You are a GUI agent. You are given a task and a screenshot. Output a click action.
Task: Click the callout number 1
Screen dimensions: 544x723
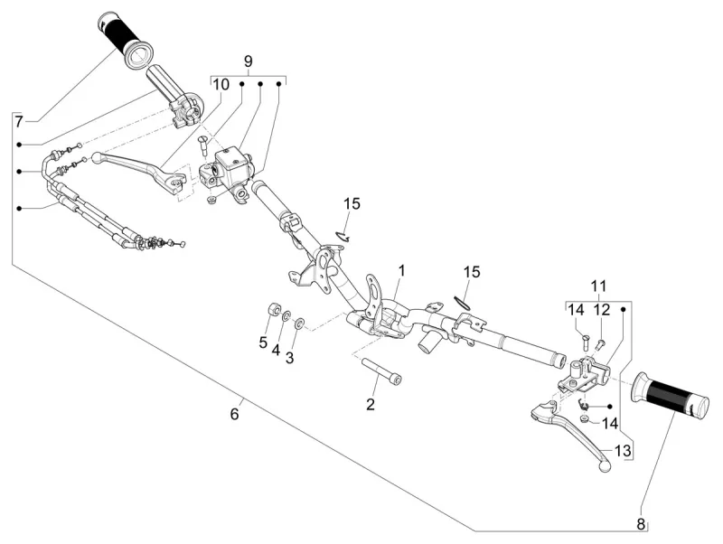(x=401, y=270)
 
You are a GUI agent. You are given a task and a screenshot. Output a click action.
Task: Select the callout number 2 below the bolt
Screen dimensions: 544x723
(x=371, y=405)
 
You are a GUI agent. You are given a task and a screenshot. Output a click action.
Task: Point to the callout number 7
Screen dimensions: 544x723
(x=19, y=119)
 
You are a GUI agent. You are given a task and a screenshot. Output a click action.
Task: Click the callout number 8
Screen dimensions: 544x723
(x=641, y=523)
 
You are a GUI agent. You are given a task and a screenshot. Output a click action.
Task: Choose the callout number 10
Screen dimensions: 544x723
(x=221, y=83)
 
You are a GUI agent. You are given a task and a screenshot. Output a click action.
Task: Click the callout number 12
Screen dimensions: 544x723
(x=602, y=310)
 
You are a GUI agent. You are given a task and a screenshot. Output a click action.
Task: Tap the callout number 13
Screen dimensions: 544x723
(x=621, y=451)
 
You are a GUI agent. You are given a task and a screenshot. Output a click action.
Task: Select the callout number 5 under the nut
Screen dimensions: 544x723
(x=264, y=342)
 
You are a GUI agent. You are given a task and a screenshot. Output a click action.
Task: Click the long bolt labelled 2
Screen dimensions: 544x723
(x=384, y=372)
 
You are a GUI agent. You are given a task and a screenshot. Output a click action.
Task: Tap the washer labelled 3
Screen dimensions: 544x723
(x=300, y=323)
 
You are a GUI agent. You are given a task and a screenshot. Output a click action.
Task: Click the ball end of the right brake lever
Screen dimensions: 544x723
(x=605, y=466)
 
